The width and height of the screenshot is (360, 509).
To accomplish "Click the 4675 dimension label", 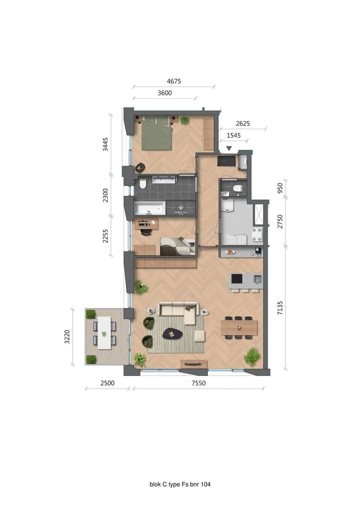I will (x=173, y=81).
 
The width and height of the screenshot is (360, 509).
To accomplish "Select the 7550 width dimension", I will (x=198, y=383).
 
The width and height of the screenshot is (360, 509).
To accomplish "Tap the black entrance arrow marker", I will (x=229, y=148).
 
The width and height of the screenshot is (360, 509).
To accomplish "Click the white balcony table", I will (x=104, y=332).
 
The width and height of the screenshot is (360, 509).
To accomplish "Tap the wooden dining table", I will (x=239, y=327).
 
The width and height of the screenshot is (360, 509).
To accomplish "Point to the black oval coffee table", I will (x=173, y=332).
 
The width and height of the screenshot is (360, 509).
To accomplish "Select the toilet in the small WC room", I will (x=237, y=188).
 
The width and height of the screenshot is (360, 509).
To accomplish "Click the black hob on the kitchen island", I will (x=236, y=278).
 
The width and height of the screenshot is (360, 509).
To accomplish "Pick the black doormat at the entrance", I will (x=226, y=161).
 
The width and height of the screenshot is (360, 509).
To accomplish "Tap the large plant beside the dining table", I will (x=252, y=356).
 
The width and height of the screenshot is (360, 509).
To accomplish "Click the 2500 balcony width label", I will (x=107, y=383).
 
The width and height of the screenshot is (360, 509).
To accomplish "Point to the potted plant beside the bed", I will (x=184, y=120).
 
